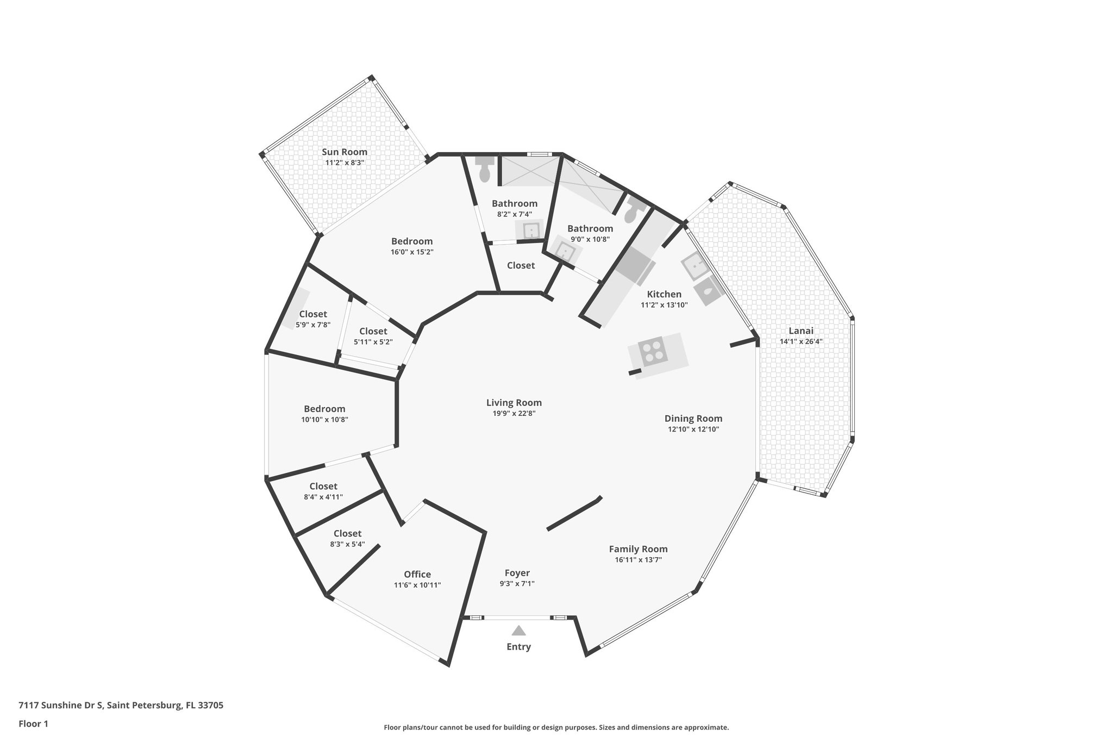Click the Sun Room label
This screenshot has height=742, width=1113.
tap(344, 152)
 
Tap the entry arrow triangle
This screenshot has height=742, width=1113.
tap(518, 631)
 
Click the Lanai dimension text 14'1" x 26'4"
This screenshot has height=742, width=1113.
tap(801, 342)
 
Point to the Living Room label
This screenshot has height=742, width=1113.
tap(514, 403)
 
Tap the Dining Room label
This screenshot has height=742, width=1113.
tap(693, 419)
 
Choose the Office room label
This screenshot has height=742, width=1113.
tap(417, 575)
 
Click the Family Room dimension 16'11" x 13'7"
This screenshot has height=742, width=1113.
tap(638, 560)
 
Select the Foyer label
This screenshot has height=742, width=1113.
tap(517, 573)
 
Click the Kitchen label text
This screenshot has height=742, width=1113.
tap(664, 295)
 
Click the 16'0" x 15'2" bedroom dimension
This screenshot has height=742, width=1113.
tap(411, 252)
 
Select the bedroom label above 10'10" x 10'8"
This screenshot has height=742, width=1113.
tap(324, 409)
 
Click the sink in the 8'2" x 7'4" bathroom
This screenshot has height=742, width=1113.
tap(531, 230)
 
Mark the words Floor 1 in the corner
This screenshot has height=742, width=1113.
tap(33, 724)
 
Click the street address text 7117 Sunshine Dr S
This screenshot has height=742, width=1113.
tap(60, 706)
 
